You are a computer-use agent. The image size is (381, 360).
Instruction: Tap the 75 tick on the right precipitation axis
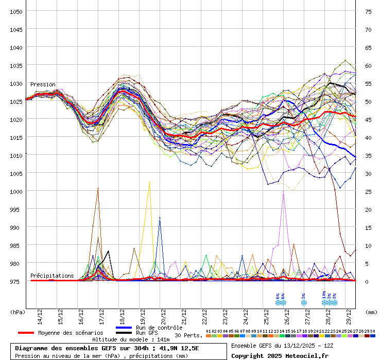(x=368, y=11)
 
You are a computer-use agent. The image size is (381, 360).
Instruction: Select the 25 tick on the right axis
(x=368, y=191)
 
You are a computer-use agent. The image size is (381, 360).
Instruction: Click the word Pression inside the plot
(x=43, y=84)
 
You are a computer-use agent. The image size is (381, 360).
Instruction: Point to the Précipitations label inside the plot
(x=52, y=276)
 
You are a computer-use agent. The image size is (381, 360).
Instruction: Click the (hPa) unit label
(x=17, y=312)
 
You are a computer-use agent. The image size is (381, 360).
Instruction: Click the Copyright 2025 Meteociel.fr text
(x=280, y=355)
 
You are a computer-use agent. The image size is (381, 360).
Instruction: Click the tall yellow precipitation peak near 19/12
(x=149, y=183)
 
